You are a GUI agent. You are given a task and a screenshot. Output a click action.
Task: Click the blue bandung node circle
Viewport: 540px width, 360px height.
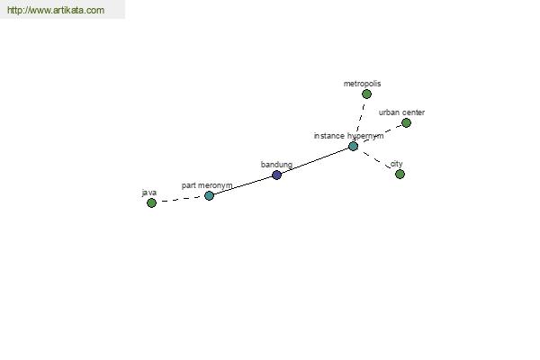pyautogui.click(x=277, y=175)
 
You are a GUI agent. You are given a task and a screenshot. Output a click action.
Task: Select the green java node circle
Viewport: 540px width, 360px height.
pyautogui.click(x=151, y=202)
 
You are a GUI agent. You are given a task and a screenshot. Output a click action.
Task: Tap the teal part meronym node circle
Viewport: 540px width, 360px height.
pyautogui.click(x=209, y=195)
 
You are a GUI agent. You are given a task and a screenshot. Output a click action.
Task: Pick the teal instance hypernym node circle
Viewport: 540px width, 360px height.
pyautogui.click(x=354, y=146)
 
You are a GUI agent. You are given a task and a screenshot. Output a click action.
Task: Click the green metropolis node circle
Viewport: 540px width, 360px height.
pyautogui.click(x=367, y=94)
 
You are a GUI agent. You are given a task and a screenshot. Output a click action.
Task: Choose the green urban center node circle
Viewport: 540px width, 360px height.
pyautogui.click(x=407, y=122)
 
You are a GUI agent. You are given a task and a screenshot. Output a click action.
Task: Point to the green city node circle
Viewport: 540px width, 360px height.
pyautogui.click(x=400, y=174)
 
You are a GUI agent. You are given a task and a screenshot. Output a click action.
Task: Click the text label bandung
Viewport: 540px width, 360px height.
pyautogui.click(x=276, y=165)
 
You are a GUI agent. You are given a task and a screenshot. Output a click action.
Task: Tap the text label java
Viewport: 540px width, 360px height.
pyautogui.click(x=149, y=193)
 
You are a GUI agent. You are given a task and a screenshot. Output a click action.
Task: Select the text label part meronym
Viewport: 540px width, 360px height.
pyautogui.click(x=207, y=185)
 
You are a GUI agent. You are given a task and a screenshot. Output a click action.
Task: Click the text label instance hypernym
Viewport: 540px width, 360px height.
pyautogui.click(x=348, y=136)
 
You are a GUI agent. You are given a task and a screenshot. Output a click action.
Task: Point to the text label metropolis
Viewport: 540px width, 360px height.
pyautogui.click(x=363, y=84)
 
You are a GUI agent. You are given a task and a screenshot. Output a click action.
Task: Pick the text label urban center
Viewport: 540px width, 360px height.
pyautogui.click(x=401, y=112)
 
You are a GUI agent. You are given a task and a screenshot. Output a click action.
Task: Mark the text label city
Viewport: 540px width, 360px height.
pyautogui.click(x=396, y=164)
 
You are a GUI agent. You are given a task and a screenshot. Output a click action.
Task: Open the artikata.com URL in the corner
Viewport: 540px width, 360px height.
pyautogui.click(x=56, y=10)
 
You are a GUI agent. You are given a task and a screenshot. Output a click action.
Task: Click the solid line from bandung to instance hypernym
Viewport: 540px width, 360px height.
pyautogui.click(x=315, y=160)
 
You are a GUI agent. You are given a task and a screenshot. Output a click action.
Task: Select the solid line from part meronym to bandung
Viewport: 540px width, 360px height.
pyautogui.click(x=243, y=185)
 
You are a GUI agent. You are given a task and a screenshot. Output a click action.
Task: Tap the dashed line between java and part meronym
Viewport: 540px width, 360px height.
pyautogui.click(x=181, y=199)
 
